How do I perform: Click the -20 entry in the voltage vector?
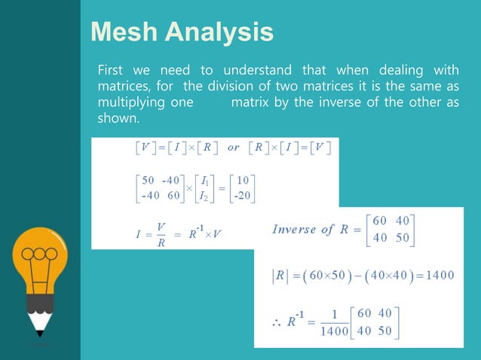tap(243, 197)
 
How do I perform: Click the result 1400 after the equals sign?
tap(439, 274)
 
